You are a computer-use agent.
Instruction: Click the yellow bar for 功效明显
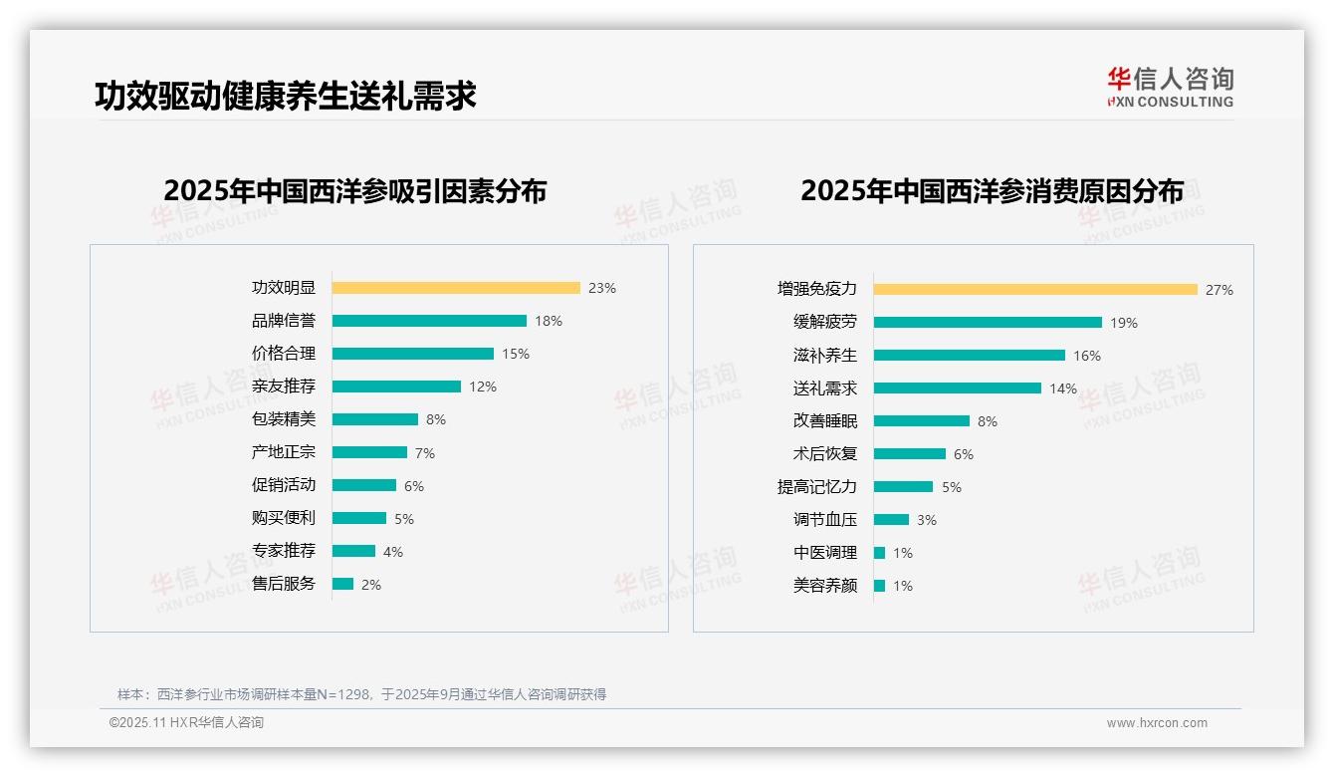(456, 288)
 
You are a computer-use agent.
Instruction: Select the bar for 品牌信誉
(429, 321)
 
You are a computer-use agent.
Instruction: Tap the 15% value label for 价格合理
(516, 354)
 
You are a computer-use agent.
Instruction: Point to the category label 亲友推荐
(284, 387)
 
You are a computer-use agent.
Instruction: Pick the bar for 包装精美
(375, 419)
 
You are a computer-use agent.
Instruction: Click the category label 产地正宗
(284, 452)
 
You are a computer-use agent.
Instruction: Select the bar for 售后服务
(342, 584)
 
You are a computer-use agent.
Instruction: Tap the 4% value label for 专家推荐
(393, 552)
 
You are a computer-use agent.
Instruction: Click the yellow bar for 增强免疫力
(1035, 290)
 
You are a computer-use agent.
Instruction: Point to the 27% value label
(1220, 290)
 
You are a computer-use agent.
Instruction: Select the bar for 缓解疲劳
(988, 323)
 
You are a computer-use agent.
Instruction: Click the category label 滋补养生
(825, 356)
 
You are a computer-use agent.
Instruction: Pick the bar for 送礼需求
(958, 388)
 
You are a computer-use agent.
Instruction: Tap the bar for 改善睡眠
(922, 421)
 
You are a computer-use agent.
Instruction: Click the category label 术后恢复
(825, 454)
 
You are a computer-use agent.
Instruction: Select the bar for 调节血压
(891, 520)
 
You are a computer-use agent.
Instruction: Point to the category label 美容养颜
(825, 586)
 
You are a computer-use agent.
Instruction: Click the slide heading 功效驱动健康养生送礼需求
(286, 96)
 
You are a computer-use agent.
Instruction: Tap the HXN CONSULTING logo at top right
(1170, 88)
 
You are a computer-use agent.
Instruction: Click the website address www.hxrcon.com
(1157, 723)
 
